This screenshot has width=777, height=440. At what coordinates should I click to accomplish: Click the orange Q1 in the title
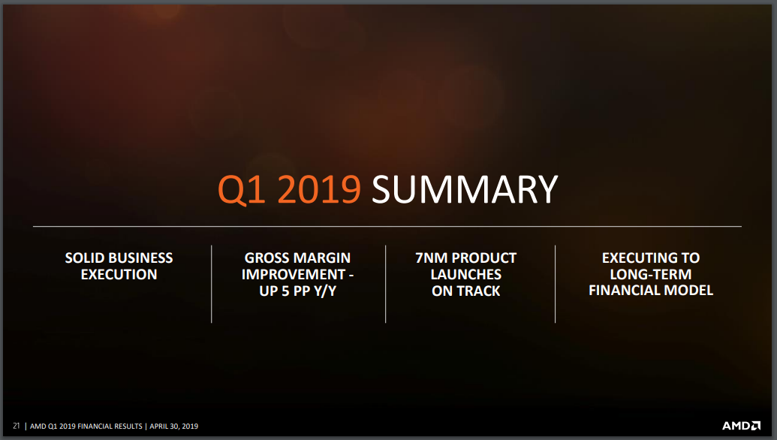241,190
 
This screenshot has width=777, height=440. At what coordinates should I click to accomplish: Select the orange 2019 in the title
319,189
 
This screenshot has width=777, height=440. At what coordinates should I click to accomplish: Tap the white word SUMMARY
465,189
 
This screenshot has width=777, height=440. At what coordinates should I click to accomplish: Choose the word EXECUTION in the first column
119,275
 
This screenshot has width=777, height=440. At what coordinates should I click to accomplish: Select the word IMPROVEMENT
294,275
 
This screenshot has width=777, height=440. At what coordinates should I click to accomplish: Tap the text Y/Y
325,291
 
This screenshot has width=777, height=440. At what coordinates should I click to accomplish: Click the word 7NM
431,258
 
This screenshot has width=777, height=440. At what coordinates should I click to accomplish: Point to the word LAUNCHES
465,275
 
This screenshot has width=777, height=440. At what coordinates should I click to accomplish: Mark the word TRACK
479,291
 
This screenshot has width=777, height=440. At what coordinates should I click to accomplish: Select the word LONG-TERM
651,275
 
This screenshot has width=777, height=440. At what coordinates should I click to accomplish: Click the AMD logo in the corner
741,426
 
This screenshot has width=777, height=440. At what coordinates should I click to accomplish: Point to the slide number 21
17,426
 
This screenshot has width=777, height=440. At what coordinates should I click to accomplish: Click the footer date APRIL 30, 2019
174,426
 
